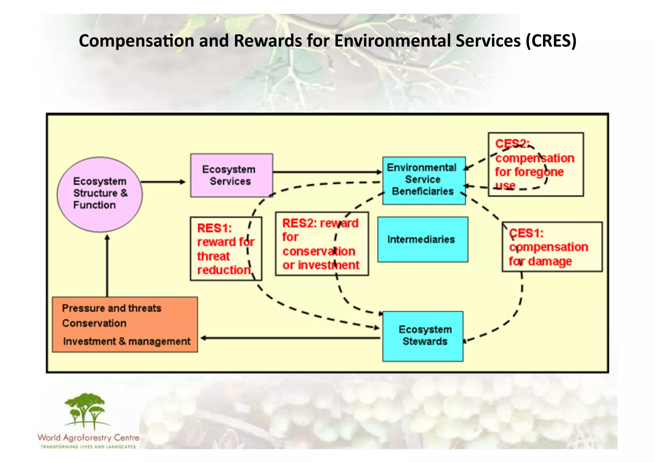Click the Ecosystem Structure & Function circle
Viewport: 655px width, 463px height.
pyautogui.click(x=99, y=194)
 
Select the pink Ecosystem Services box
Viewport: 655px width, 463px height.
pyautogui.click(x=232, y=175)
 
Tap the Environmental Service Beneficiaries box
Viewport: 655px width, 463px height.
pyautogui.click(x=424, y=180)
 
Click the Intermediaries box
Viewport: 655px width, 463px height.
pyautogui.click(x=422, y=239)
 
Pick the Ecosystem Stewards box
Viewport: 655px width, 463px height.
pyautogui.click(x=422, y=336)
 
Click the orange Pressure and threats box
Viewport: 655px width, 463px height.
pyautogui.click(x=125, y=324)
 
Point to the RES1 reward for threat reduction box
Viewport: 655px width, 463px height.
pyautogui.click(x=226, y=249)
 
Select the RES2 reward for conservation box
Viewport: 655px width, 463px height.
pyautogui.click(x=322, y=244)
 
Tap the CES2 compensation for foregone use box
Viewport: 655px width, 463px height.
pyautogui.click(x=536, y=164)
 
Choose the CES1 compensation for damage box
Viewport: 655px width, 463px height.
pyautogui.click(x=552, y=247)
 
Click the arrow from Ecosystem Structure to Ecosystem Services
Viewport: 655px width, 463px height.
pyautogui.click(x=163, y=182)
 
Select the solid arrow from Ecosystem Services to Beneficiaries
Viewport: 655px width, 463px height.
pyautogui.click(x=326, y=172)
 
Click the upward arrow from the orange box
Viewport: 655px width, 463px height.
pyautogui.click(x=107, y=266)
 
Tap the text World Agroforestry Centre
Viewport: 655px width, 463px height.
pyautogui.click(x=89, y=437)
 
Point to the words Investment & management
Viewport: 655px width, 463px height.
pyautogui.click(x=127, y=341)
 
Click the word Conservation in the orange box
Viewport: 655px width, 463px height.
pyautogui.click(x=94, y=323)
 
